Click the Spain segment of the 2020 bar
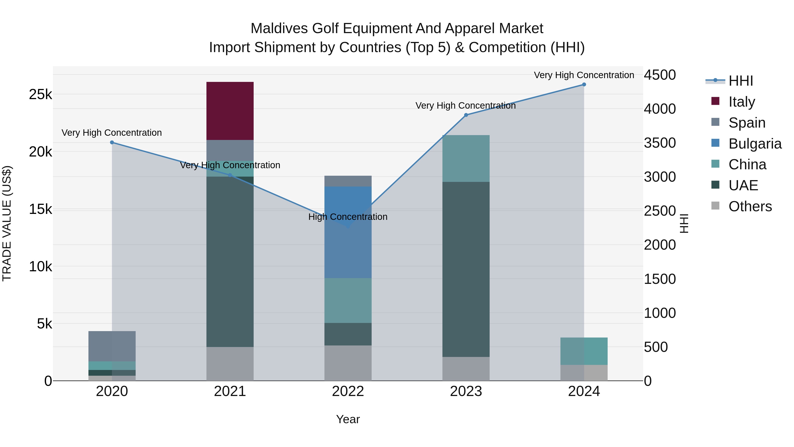tap(112, 346)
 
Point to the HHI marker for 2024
tap(584, 85)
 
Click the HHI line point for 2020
tap(112, 143)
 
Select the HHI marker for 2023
tap(466, 115)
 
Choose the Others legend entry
tap(750, 206)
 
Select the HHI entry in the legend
tap(740, 81)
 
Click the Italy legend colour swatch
tap(715, 101)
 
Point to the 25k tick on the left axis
tap(40, 94)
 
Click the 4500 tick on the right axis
tap(660, 75)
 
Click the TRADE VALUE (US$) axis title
tap(7, 223)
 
